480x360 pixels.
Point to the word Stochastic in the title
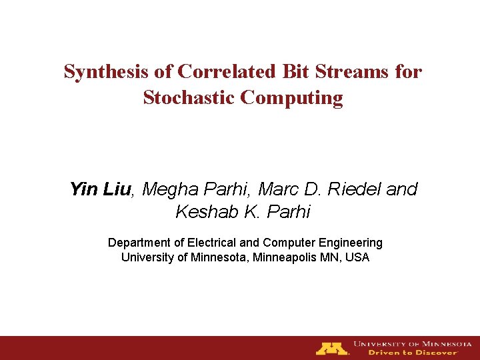tap(189, 98)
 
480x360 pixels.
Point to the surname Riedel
tap(355, 190)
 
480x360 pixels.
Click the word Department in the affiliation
tap(139, 243)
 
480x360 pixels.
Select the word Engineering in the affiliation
tap(352, 243)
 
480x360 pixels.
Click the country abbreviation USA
tap(357, 257)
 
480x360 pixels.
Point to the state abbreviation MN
tap(327, 257)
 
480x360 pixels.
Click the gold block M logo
tap(332, 348)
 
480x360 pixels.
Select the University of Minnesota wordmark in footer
tap(412, 343)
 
